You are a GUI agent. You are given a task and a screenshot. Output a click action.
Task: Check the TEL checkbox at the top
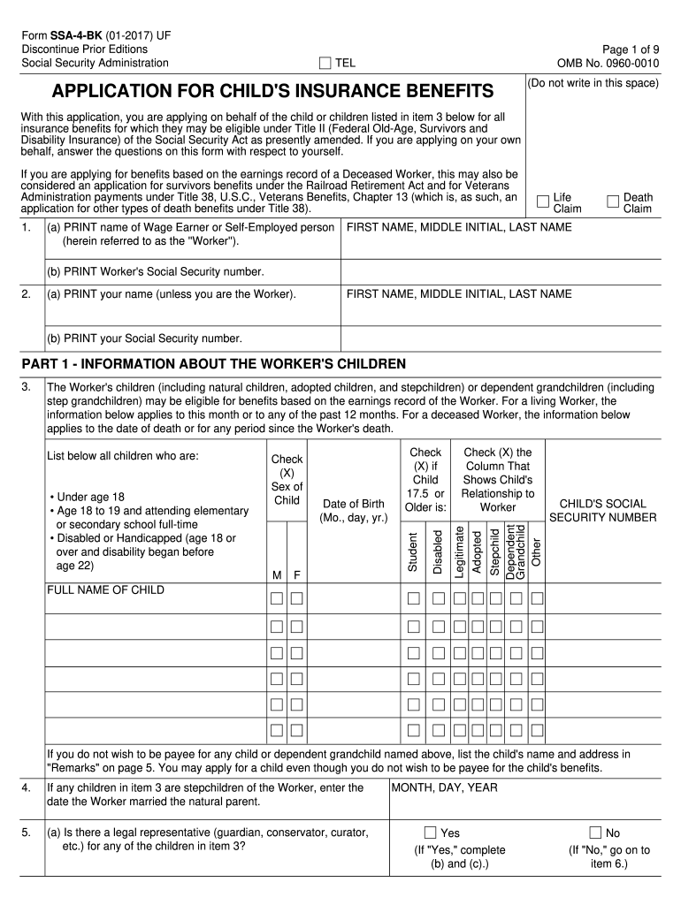tap(325, 63)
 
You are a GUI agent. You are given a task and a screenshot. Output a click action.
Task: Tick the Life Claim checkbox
tap(542, 202)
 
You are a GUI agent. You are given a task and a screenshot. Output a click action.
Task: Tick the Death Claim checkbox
tap(612, 202)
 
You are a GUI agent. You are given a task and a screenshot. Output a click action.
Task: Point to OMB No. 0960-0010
tap(608, 63)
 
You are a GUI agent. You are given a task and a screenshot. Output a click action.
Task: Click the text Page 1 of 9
tap(630, 49)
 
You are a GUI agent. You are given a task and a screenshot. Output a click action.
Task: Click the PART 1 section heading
tap(213, 363)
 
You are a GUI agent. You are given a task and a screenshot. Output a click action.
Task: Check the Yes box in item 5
tap(431, 833)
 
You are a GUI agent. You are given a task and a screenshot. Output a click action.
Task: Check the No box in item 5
tap(595, 833)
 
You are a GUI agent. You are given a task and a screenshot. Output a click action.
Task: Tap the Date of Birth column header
tap(354, 510)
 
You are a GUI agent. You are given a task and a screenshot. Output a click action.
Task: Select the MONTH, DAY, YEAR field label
tap(444, 787)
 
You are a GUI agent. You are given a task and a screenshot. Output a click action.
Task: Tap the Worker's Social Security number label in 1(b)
tap(156, 271)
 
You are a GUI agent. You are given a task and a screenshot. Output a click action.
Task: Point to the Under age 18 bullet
tap(88, 497)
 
